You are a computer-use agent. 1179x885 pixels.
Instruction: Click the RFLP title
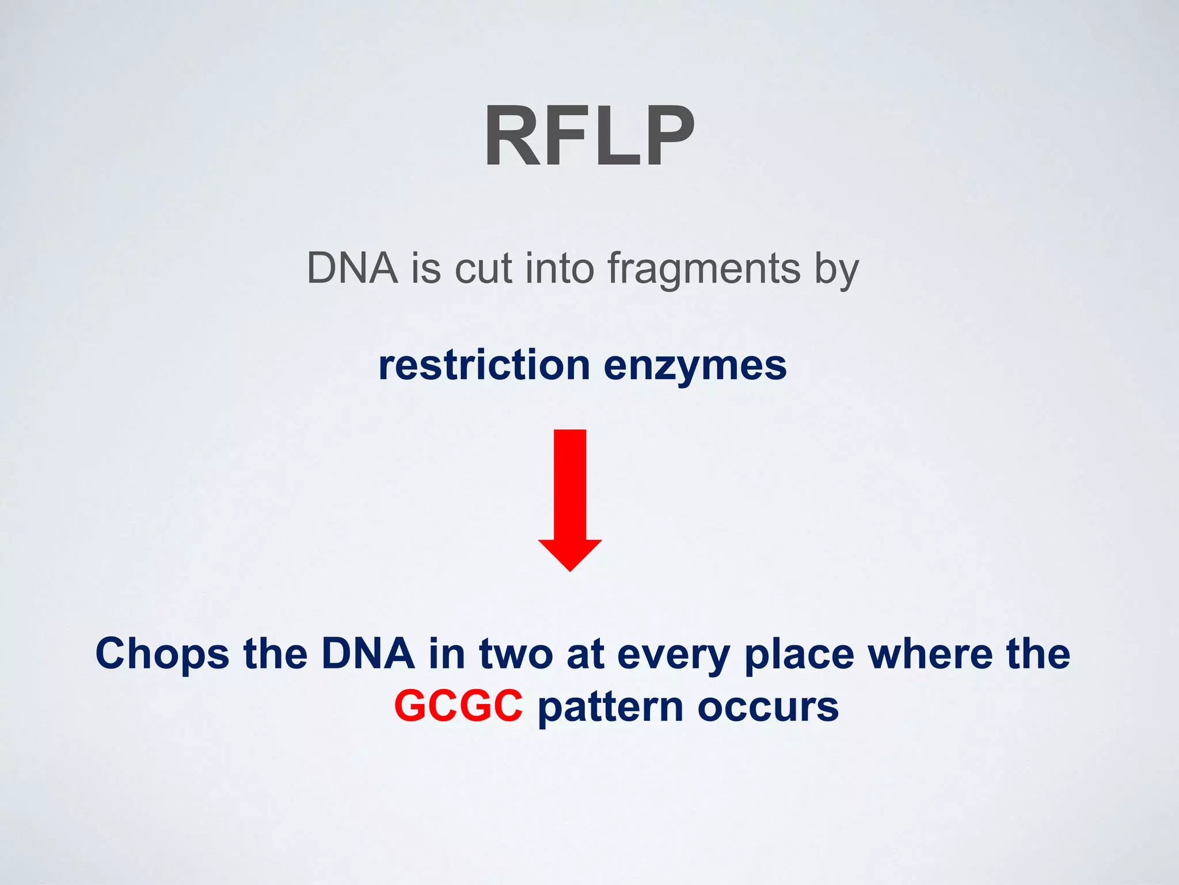[589, 137]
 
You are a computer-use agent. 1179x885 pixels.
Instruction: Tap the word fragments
[704, 269]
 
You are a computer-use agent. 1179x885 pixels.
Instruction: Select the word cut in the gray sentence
[483, 269]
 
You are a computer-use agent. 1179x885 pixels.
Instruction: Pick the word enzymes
[695, 366]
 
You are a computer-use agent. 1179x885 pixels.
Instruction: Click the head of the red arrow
[570, 554]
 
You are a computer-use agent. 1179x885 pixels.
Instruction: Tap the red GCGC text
[458, 706]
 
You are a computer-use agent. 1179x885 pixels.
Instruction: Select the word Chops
[162, 655]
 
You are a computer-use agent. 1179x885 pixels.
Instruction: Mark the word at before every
[585, 655]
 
